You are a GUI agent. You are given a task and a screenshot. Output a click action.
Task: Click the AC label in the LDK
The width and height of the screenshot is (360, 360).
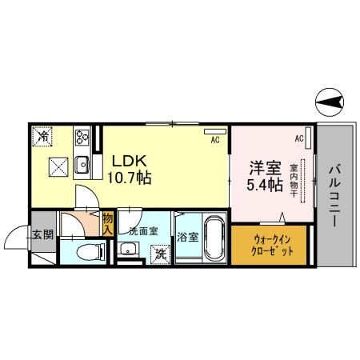[214, 140]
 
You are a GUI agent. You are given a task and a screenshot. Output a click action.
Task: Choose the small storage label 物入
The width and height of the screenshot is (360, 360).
[107, 222]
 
